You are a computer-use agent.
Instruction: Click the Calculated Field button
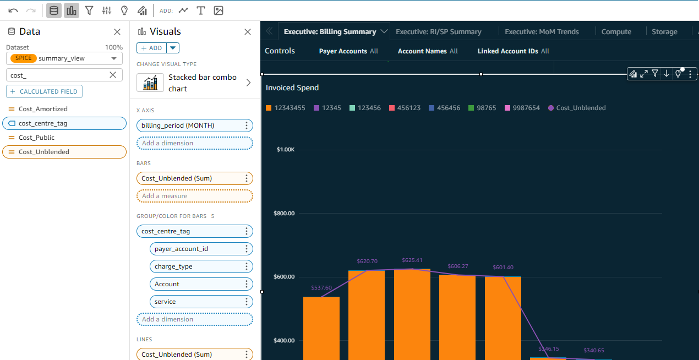44,91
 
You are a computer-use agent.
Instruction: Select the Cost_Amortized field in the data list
43,109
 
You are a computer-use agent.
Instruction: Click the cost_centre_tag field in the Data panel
43,123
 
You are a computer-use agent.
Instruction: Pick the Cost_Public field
36,138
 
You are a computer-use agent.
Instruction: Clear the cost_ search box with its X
113,75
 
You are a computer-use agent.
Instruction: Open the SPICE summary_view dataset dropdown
64,58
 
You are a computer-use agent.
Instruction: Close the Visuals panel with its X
248,32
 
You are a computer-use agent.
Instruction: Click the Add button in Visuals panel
151,48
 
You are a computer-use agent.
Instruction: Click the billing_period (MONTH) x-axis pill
178,126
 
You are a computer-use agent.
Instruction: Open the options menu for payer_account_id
247,249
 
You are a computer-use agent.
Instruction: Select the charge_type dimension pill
173,266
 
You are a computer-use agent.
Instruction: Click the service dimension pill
165,302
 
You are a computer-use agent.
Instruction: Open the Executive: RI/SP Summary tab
438,32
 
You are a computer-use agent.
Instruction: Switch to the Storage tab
664,32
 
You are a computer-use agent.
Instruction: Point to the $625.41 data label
412,260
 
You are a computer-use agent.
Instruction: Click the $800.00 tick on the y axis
284,213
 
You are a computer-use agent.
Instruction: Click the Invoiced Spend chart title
292,88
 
